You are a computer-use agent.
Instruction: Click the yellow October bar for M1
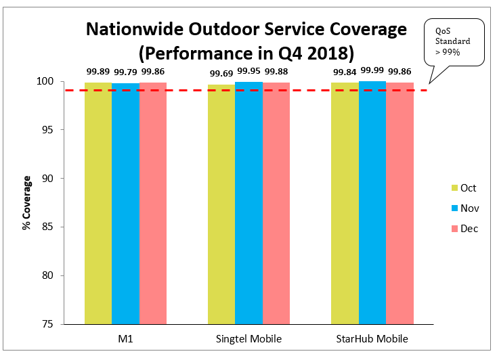coord(98,203)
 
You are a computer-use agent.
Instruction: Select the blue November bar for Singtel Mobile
coord(248,203)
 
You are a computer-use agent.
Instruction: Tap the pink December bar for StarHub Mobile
coord(399,203)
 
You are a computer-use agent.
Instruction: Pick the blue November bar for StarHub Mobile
coord(372,203)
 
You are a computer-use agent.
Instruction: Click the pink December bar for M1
coord(153,203)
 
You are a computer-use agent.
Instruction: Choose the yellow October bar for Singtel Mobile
coord(221,203)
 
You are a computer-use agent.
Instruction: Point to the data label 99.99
coord(372,70)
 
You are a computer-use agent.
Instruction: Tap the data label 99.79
coord(125,72)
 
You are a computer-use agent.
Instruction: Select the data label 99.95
coord(248,70)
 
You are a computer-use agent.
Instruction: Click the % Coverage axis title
coord(26,204)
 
